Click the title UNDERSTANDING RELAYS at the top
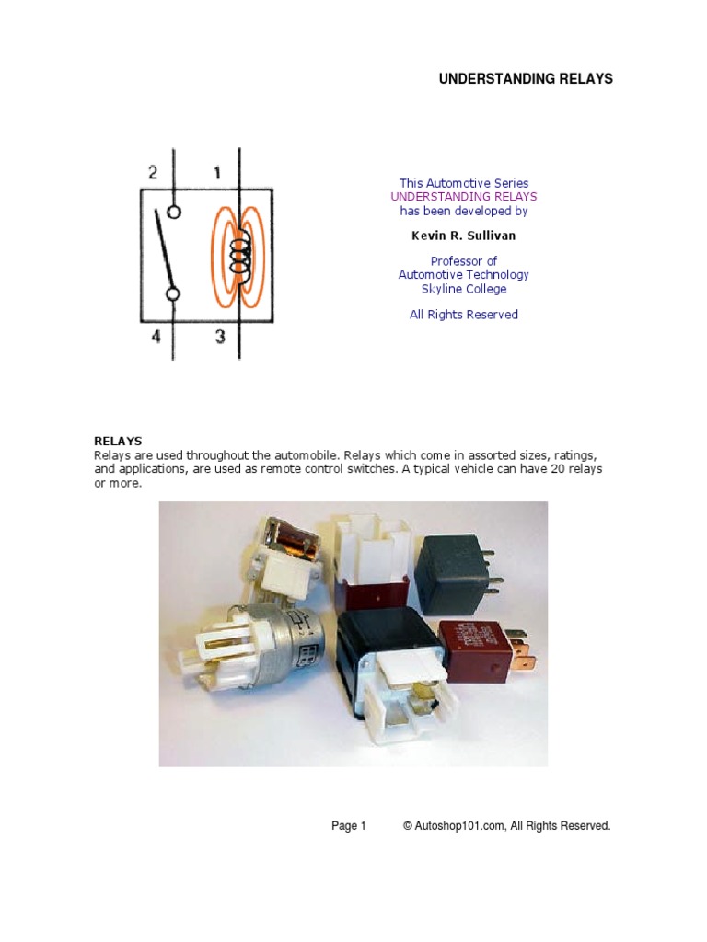[525, 79]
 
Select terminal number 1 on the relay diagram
[217, 172]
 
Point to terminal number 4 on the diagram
[156, 337]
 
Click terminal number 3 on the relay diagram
[220, 337]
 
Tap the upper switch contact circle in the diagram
[173, 212]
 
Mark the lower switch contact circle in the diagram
[172, 294]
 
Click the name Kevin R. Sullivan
[463, 235]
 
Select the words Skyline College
[463, 289]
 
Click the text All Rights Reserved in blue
[463, 315]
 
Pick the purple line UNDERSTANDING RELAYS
[463, 197]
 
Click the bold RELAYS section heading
[118, 441]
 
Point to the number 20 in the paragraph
[559, 469]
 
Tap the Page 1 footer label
[349, 826]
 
